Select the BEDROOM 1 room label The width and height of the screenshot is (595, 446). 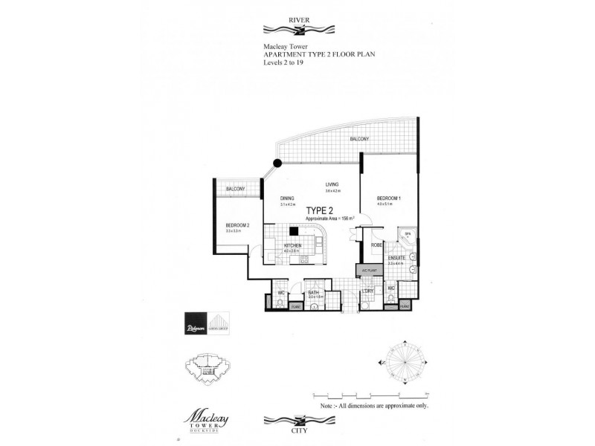click(x=389, y=198)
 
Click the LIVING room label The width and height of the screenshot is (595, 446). click(x=332, y=184)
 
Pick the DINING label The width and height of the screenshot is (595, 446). click(x=287, y=198)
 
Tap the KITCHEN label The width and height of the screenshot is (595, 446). click(x=291, y=245)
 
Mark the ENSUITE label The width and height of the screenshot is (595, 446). click(x=395, y=258)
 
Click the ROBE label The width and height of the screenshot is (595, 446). click(x=376, y=244)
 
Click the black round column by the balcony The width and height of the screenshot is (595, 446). click(x=277, y=162)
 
